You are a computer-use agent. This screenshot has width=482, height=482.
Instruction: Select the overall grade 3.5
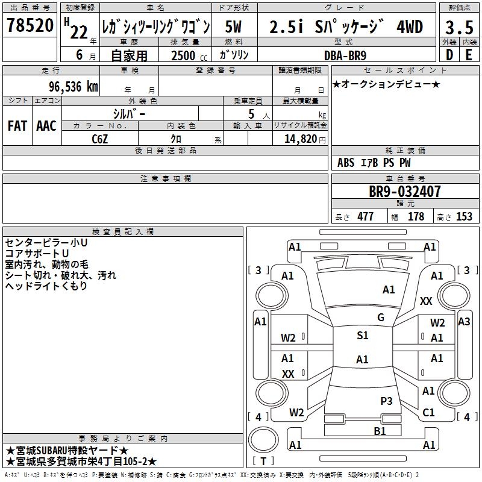coord(459,27)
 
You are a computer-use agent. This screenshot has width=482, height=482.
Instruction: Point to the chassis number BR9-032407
coord(405,192)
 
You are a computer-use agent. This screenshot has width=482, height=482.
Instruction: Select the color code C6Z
coord(100,139)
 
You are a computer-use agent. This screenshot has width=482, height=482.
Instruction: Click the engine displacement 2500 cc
coord(183,55)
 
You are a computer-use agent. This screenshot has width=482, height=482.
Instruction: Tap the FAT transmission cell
coord(17,125)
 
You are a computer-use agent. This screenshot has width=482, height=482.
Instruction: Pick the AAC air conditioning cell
coord(46,125)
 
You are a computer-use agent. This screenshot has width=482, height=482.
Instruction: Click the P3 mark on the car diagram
coord(386,401)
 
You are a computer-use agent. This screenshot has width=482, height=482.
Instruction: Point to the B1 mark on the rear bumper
coord(380,431)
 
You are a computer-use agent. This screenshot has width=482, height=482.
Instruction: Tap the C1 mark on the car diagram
coord(428,413)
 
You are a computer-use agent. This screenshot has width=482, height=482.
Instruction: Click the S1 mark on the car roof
coord(362,336)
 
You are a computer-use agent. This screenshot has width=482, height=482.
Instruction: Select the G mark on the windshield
coord(380,318)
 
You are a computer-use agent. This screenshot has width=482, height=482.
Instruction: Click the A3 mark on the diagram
coord(463,322)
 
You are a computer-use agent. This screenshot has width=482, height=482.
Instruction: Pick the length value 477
coord(365,217)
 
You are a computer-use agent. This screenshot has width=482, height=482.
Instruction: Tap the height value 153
coord(464,217)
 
